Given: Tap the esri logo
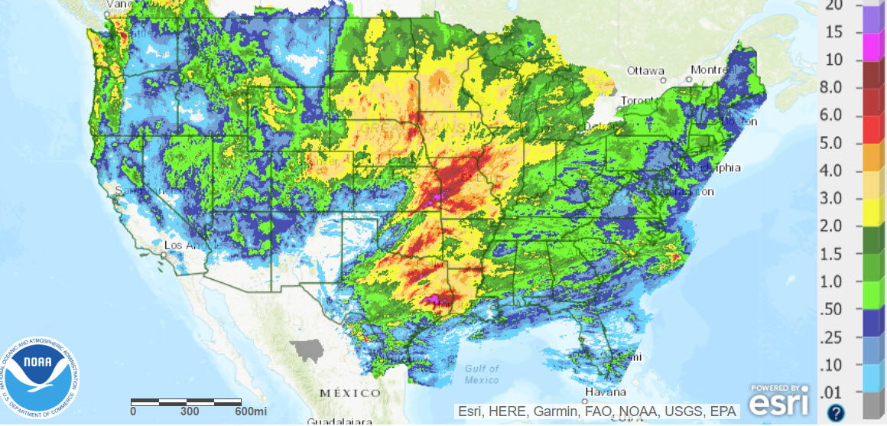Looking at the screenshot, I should coord(778,399).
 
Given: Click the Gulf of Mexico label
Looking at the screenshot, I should coord(482,374).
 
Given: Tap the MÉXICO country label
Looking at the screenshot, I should coord(350,392).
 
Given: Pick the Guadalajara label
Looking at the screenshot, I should coord(340,421).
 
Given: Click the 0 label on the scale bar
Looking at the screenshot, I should coord(133,411).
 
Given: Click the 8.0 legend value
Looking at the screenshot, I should coord(831,88).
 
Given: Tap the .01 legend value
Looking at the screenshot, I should coord(832,394).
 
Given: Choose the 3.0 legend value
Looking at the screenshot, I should coord(831,199).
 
